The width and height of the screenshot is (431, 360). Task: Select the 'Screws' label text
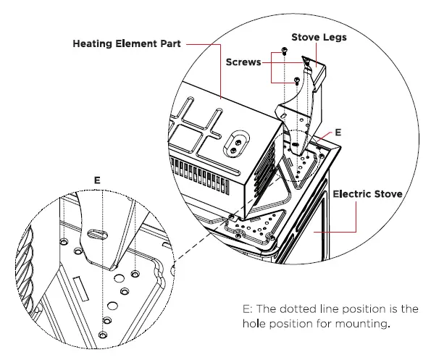[243, 63]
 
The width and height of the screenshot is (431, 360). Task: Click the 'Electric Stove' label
[369, 194]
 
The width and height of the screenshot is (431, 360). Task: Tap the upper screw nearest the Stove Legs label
[284, 51]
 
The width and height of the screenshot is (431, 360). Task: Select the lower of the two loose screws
[297, 81]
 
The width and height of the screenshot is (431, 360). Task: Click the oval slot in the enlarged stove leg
[99, 235]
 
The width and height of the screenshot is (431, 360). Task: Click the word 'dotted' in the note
[299, 309]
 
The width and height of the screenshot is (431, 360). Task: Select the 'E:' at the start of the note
[248, 309]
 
